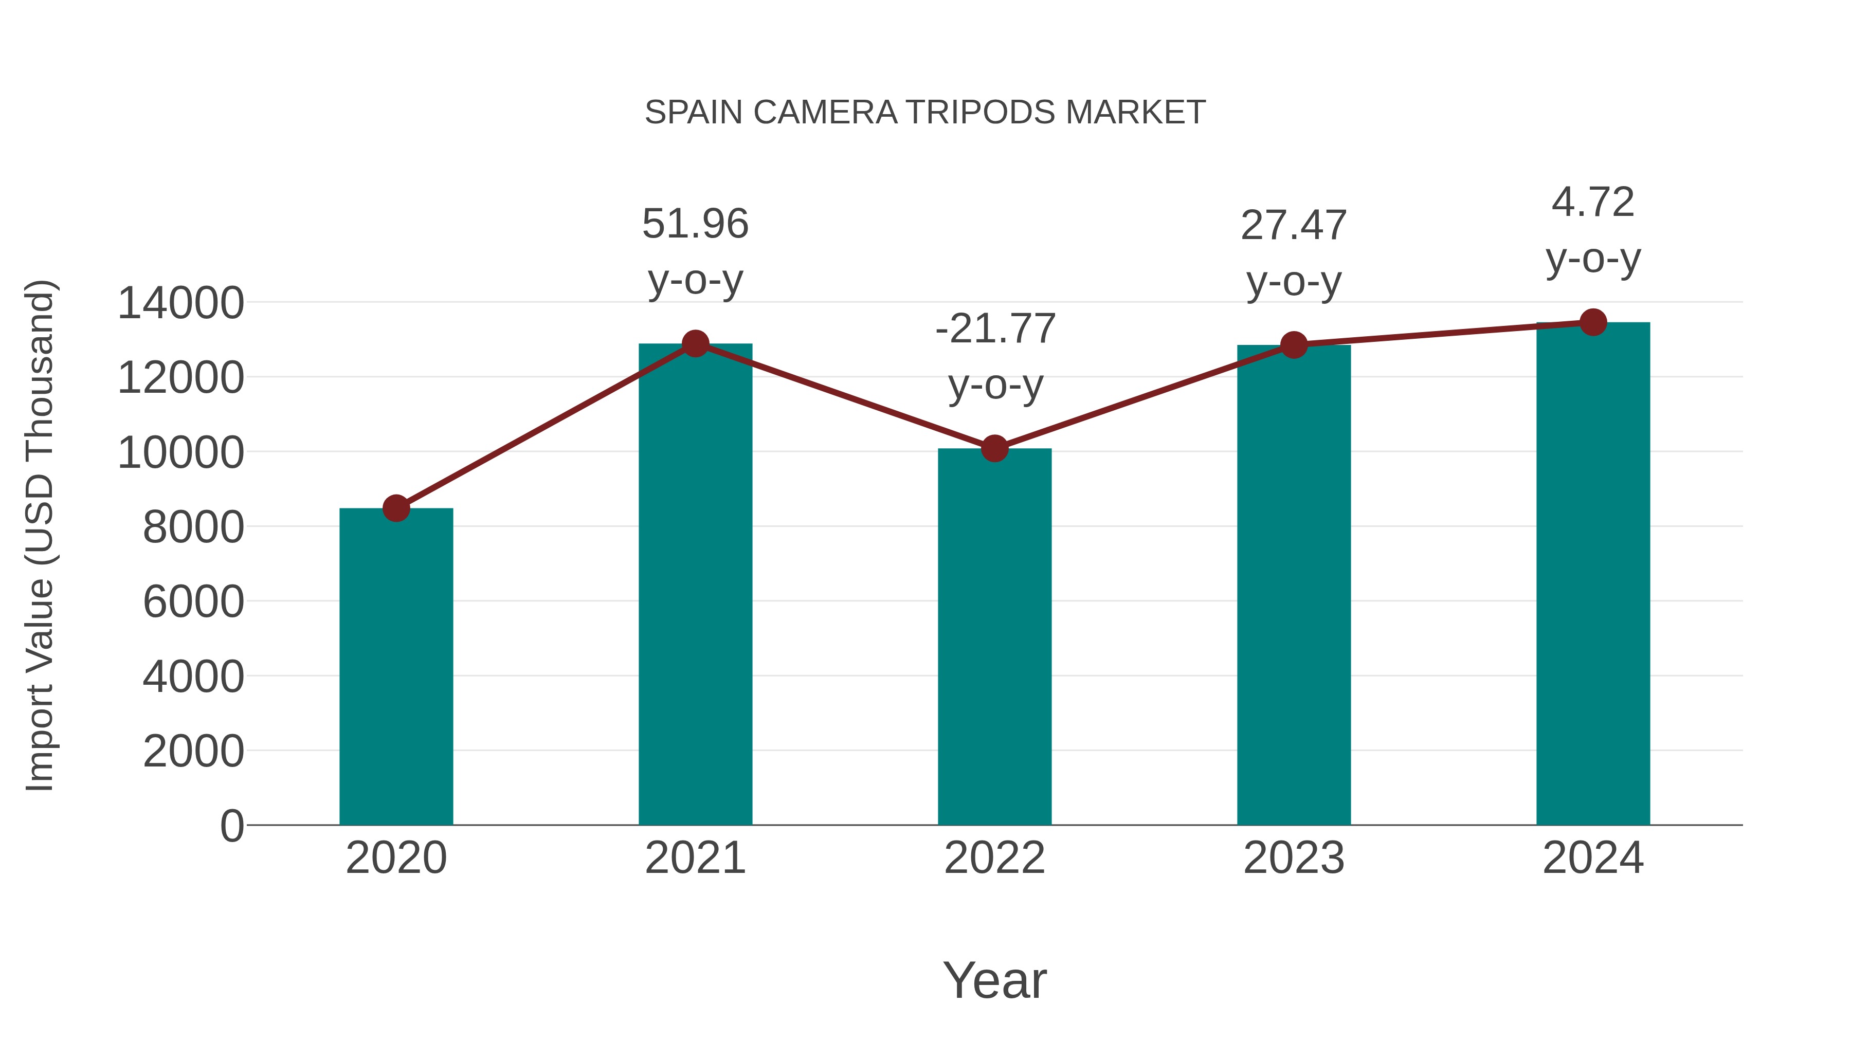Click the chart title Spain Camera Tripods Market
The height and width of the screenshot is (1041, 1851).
coord(925,113)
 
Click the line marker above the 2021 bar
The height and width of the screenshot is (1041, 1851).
coord(695,344)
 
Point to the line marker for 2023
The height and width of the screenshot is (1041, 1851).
coord(1294,345)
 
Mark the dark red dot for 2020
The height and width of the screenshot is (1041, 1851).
coord(396,508)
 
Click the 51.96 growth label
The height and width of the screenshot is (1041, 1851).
coord(695,224)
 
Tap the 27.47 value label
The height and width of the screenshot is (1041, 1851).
coord(1294,226)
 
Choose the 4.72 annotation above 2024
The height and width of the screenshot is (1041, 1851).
coord(1593,203)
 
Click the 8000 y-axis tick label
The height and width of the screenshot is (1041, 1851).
coord(193,527)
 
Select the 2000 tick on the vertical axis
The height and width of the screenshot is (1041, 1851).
coord(193,752)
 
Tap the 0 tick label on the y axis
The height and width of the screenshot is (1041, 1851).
coord(231,826)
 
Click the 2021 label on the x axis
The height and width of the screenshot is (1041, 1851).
coord(695,858)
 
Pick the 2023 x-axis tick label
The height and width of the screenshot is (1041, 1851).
coord(1294,858)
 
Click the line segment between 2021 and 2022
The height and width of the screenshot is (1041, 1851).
coord(845,396)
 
